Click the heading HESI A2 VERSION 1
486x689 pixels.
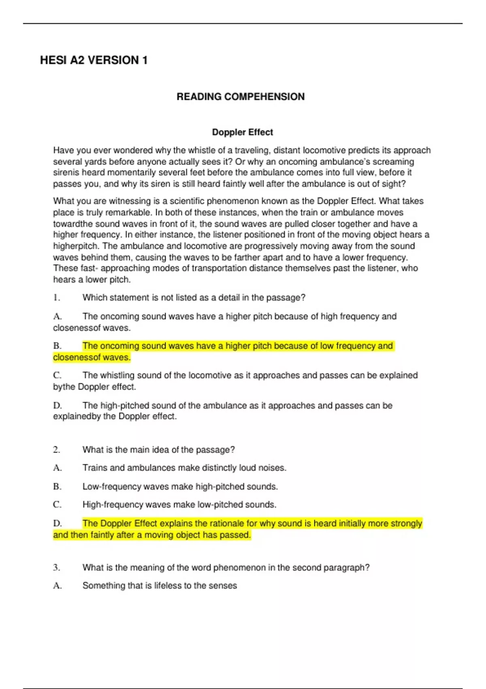(94, 60)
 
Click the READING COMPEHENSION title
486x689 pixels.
(241, 97)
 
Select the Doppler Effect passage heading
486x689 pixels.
(243, 132)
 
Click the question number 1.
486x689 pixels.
(56, 297)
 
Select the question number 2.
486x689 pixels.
(56, 449)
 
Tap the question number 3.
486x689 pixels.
(56, 567)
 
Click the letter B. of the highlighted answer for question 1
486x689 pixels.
(57, 346)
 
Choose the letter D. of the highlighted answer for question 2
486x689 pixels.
(57, 523)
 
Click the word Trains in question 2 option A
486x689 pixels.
(95, 468)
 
